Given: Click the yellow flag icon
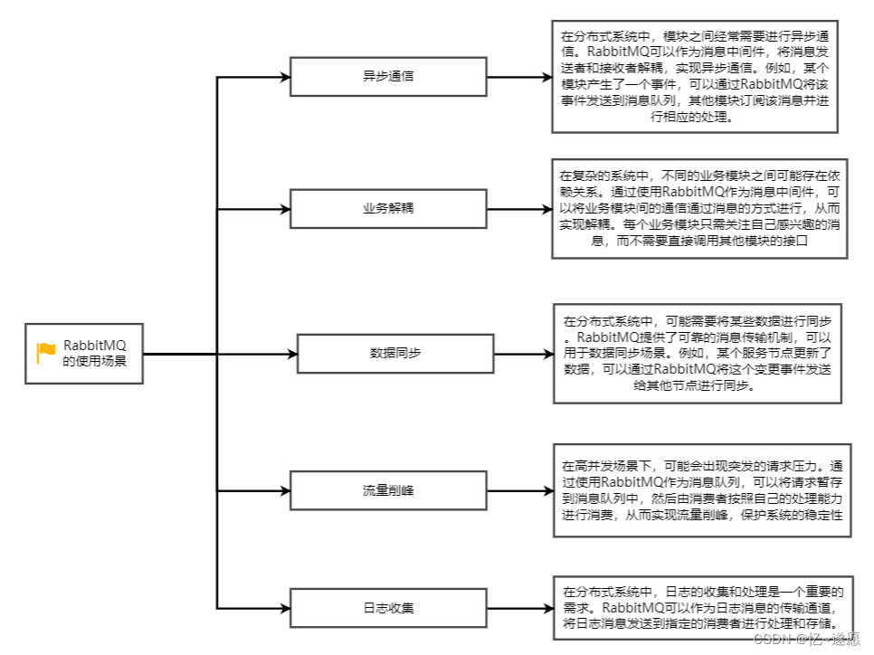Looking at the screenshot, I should pyautogui.click(x=46, y=354).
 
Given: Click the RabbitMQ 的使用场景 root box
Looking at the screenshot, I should pyautogui.click(x=84, y=353).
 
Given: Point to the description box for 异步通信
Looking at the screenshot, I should pyautogui.click(x=694, y=76).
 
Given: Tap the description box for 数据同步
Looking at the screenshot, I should pyautogui.click(x=697, y=353).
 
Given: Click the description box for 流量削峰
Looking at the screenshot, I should pyautogui.click(x=702, y=491).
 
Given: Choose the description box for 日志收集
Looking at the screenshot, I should pyautogui.click(x=702, y=607).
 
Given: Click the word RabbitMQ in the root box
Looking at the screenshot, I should pyautogui.click(x=94, y=346).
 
